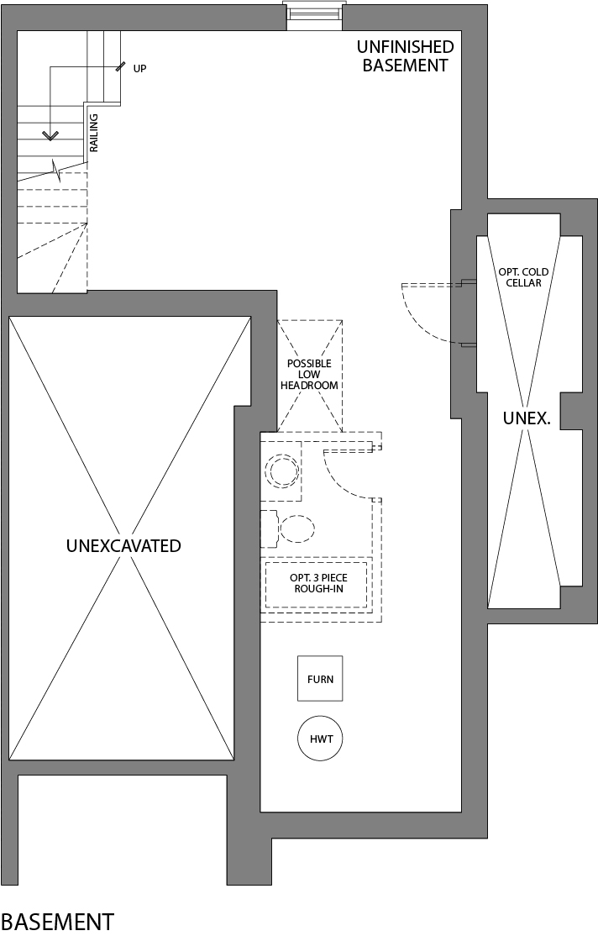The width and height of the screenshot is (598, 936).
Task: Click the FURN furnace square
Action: [x=320, y=678]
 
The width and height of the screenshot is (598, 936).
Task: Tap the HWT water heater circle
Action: [x=320, y=739]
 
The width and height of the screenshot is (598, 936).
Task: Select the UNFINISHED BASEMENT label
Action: [x=406, y=56]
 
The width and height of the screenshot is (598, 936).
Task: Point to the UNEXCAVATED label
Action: [x=123, y=546]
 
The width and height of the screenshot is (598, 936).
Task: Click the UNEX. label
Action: [x=527, y=418]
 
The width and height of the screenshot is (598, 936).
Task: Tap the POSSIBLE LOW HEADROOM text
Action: [x=310, y=375]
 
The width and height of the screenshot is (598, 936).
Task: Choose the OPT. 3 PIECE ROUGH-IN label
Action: [x=317, y=583]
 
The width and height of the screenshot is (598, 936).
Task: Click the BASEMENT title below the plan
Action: [x=57, y=922]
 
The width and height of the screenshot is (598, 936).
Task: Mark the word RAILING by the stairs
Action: [x=94, y=133]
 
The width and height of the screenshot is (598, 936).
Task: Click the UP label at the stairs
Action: [x=139, y=68]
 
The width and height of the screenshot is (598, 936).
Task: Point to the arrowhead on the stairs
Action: [x=50, y=134]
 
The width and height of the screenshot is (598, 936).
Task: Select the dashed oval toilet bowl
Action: [x=297, y=528]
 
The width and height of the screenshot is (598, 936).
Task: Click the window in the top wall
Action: [x=315, y=15]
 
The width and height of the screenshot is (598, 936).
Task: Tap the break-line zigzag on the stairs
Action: [x=56, y=171]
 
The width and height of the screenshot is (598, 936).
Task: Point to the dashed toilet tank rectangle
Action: [x=269, y=528]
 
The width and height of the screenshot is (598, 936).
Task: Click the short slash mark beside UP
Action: [x=122, y=66]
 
